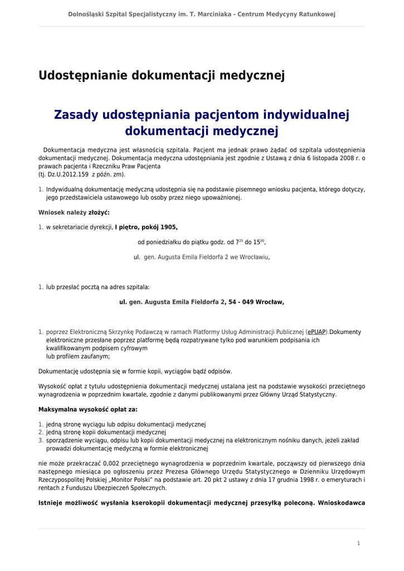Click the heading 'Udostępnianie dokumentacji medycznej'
tap(162, 76)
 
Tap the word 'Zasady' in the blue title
tap(76, 115)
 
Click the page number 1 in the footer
tap(358, 543)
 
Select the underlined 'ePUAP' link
tap(317, 332)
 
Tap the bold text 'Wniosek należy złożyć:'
tap(74, 212)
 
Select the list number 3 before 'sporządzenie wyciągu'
tap(41, 441)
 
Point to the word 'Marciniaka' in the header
tap(211, 14)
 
